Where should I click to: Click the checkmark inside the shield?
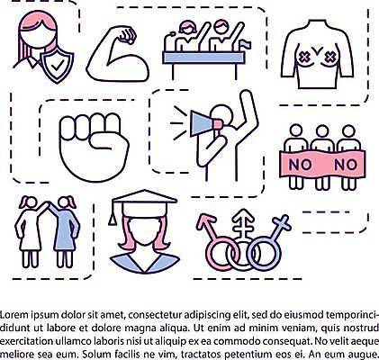57,65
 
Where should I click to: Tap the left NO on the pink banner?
299,165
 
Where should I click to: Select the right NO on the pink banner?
346,165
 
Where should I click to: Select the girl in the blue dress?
65,231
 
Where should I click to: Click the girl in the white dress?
29,231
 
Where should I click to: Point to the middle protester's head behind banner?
322,131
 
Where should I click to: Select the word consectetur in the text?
156,315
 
